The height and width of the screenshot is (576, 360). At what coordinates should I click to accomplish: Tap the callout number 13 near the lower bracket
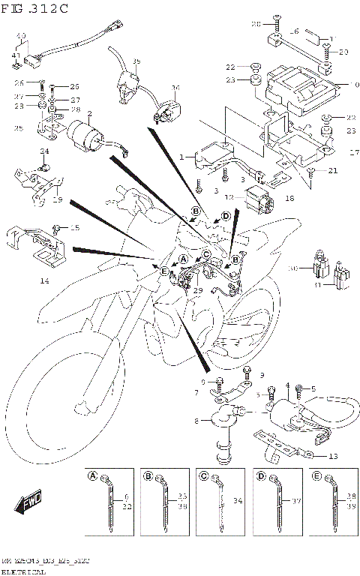pyautogui.click(x=332, y=455)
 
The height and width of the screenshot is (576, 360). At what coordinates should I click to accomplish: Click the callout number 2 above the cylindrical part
pyautogui.click(x=89, y=114)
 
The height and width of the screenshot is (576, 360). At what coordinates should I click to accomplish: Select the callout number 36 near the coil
pyautogui.click(x=175, y=88)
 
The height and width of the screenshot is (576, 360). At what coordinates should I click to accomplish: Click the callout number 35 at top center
pyautogui.click(x=136, y=61)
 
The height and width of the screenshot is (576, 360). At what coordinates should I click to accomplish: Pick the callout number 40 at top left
pyautogui.click(x=20, y=36)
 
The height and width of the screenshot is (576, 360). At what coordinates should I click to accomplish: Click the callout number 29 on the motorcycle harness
pyautogui.click(x=198, y=289)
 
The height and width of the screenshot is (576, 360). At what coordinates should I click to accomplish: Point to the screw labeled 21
pyautogui.click(x=309, y=172)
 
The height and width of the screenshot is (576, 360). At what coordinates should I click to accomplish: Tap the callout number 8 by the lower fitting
pyautogui.click(x=196, y=422)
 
